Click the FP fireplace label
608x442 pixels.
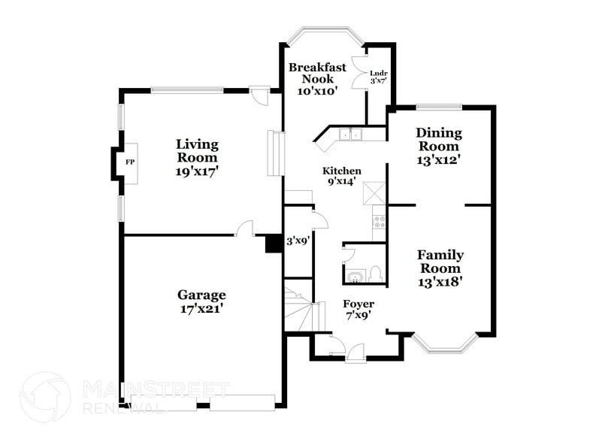point(129,162)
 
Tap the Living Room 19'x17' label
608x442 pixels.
point(197,157)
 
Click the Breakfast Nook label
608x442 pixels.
point(318,78)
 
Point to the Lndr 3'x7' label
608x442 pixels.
point(378,77)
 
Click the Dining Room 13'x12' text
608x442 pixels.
point(439,146)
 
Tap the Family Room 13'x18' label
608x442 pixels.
point(440,268)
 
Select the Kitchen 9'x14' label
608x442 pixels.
point(342,176)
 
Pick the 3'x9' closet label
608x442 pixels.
point(298,241)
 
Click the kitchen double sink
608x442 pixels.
point(350,135)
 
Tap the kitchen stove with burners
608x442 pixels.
point(380,222)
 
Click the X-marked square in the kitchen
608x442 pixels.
point(374,192)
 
